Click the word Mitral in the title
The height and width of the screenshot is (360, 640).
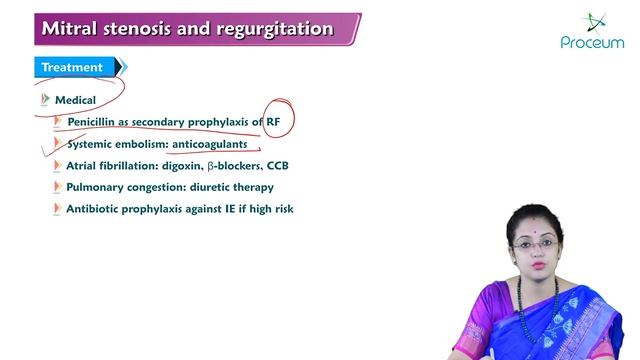point(68,29)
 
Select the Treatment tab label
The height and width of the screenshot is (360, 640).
point(71,68)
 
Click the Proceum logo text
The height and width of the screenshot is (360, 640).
point(592,43)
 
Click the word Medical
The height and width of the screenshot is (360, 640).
point(75,100)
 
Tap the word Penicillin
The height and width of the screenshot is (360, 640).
point(98,122)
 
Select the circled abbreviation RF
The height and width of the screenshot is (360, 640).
point(275,122)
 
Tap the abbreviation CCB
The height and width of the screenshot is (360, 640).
point(277,165)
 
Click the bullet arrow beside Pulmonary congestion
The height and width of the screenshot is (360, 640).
point(57,187)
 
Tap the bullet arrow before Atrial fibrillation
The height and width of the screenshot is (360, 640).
point(57,165)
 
